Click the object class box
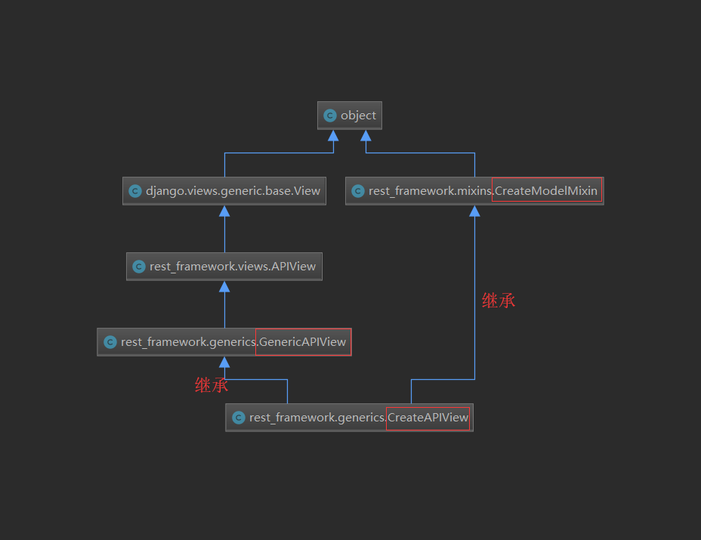coord(350,116)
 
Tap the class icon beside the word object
coord(330,116)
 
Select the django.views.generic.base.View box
coord(224,191)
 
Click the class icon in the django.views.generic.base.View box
coord(135,191)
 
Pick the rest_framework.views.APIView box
coord(224,267)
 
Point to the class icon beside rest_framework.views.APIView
coord(139,267)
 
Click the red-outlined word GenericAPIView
coord(303,342)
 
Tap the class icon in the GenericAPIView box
coord(110,342)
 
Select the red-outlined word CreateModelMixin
coord(546,191)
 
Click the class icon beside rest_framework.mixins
coord(358,191)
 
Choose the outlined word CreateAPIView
coord(428,418)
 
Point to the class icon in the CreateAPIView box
coord(239,418)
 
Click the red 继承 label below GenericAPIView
coord(212,385)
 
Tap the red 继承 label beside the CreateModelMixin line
coord(499,301)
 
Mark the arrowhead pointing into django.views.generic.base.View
coord(224,211)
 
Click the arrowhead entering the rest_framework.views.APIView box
coord(224,287)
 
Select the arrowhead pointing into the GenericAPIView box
coord(224,363)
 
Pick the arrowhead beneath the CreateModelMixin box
coord(474,211)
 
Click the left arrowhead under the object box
coord(333,136)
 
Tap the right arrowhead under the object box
coord(366,136)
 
